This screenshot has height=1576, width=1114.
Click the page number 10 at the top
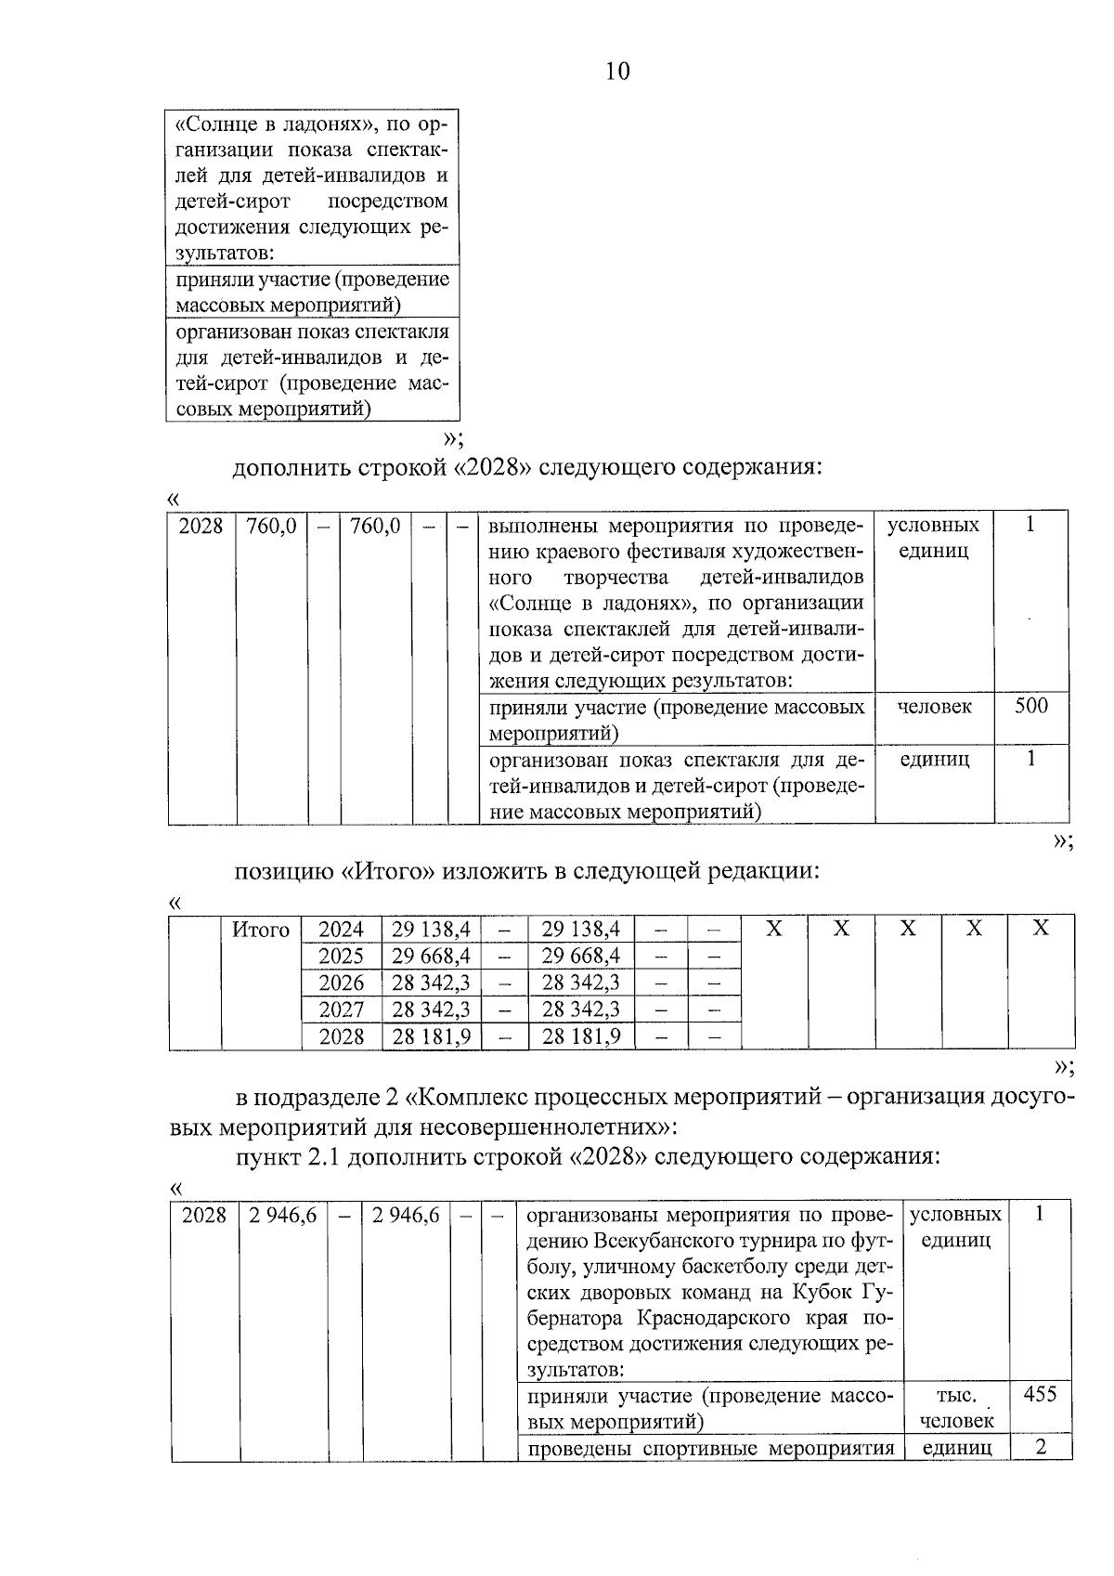point(617,72)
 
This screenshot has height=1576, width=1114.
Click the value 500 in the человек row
point(1030,706)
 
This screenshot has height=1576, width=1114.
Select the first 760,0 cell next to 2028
point(271,526)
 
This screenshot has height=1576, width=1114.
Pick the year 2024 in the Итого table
point(341,930)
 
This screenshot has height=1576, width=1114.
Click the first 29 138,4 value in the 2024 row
point(431,930)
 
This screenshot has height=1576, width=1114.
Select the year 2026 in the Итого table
point(341,983)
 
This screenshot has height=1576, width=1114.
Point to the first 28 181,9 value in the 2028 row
point(431,1036)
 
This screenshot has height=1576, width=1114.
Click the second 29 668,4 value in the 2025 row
point(581,956)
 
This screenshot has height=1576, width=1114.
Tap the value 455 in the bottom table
point(1040,1394)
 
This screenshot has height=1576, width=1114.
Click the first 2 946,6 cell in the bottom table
point(282,1215)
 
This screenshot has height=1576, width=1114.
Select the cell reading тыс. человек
point(955,1407)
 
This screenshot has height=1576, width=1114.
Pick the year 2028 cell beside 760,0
point(201,526)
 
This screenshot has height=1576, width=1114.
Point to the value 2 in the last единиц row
point(1041,1447)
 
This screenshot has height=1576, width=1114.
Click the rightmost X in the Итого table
point(1041,928)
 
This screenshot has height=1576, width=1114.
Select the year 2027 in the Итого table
point(341,1009)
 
